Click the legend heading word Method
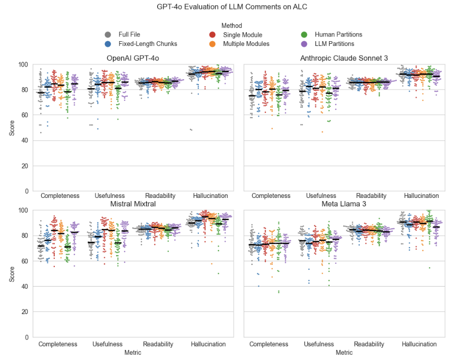232,25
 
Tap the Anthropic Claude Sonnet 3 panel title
344,58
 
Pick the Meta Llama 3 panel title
344,204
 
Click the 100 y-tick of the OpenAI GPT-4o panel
23,64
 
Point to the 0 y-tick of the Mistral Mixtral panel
26,337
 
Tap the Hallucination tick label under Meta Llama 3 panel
419,344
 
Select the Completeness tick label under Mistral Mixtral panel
59,344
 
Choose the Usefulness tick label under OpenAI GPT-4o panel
109,196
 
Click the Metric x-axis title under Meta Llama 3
344,352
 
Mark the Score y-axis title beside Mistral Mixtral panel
12,274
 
